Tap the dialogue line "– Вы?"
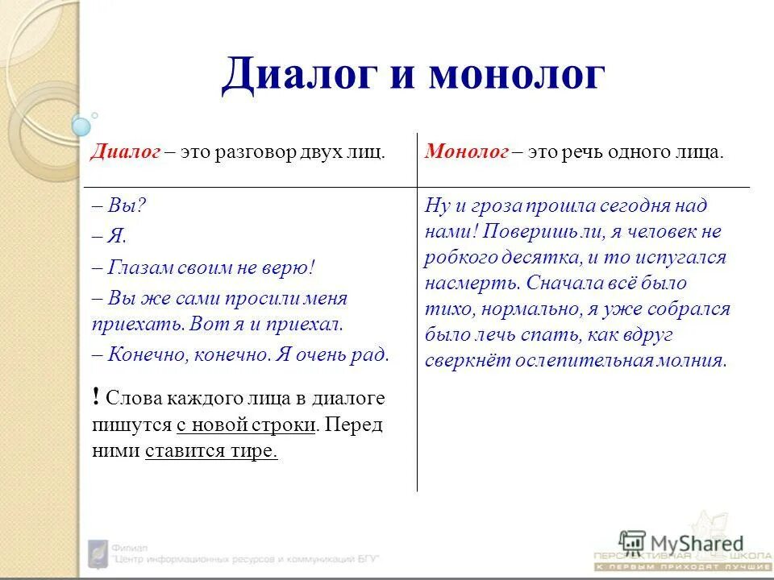[119, 205]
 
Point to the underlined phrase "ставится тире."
[211, 451]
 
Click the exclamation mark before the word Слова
[96, 396]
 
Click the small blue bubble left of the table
[81, 126]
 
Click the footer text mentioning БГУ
[246, 558]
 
